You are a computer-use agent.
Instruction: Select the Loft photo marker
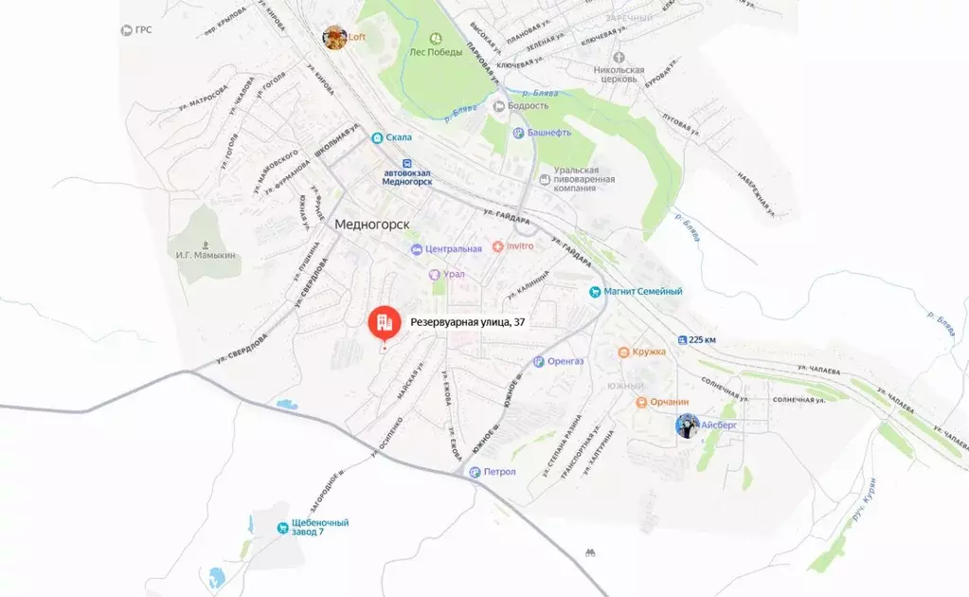click(333, 37)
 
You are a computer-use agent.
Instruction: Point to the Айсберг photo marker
click(688, 426)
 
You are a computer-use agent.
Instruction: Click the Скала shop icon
click(377, 137)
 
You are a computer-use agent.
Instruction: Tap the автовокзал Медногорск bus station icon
click(406, 162)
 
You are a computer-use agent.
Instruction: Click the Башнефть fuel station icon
click(518, 134)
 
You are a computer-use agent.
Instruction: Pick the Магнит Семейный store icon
click(595, 292)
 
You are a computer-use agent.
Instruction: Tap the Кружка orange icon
click(623, 353)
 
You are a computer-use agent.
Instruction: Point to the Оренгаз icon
click(539, 361)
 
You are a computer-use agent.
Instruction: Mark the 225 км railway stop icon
click(682, 339)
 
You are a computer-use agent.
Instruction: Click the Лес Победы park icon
click(436, 39)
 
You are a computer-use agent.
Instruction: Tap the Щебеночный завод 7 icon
click(281, 528)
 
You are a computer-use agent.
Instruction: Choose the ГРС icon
click(127, 30)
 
